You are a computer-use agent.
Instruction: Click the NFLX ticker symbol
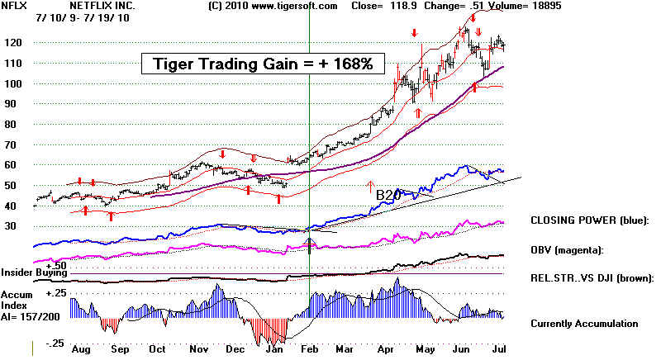[14, 6]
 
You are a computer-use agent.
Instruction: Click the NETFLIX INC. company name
[102, 6]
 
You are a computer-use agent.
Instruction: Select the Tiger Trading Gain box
[263, 64]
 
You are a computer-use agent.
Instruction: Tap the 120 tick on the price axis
[13, 43]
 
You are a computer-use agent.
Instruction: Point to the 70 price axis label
[13, 145]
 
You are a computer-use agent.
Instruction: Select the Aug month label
[81, 349]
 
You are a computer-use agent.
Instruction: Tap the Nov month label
[199, 349]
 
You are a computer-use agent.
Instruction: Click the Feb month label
[309, 349]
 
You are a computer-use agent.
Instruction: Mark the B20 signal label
[388, 195]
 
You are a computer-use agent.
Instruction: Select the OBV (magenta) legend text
[567, 250]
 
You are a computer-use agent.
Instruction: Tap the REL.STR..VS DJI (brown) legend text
[592, 278]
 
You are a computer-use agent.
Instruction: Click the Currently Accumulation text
[584, 324]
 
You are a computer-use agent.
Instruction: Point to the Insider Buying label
[34, 272]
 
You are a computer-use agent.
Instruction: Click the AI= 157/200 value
[31, 316]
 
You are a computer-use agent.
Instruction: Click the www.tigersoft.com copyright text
[273, 7]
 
